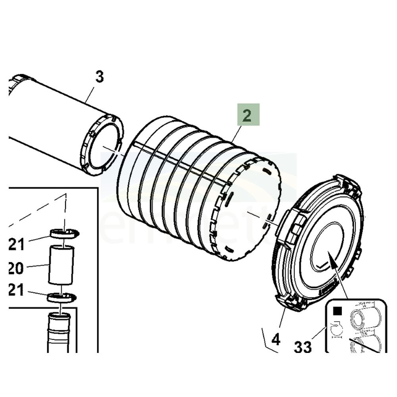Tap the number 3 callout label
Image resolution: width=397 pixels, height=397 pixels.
[99, 77]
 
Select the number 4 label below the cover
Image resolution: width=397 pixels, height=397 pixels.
[276, 339]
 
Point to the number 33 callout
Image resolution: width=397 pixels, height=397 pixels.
[303, 347]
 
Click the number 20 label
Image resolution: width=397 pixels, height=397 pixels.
[16, 269]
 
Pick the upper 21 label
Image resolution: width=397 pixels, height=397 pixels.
[17, 243]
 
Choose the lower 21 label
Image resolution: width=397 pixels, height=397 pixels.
[17, 291]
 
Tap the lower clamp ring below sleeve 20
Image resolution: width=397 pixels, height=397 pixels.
[62, 297]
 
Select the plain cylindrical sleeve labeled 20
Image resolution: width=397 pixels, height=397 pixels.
[61, 265]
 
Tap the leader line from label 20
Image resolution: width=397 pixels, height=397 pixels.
[37, 266]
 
